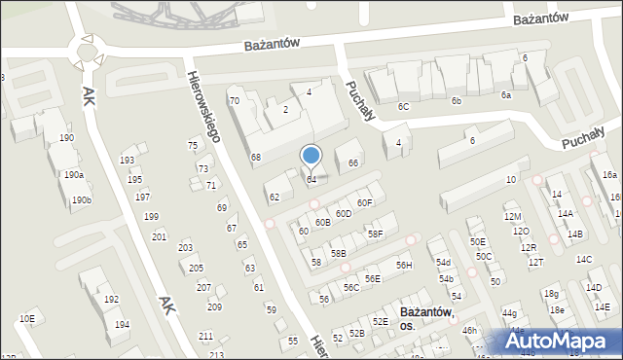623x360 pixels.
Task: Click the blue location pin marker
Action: (x=311, y=156)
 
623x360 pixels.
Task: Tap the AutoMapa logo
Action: (x=562, y=342)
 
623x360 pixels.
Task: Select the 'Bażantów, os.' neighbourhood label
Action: (x=425, y=319)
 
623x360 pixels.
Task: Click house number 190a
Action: (x=73, y=175)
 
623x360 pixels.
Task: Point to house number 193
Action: (x=127, y=160)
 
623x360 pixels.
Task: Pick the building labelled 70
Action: (x=234, y=101)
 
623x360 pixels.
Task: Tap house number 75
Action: (x=193, y=145)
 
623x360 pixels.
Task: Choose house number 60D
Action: (x=344, y=213)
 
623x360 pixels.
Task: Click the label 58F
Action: (x=375, y=234)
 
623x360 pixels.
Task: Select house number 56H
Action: (x=403, y=266)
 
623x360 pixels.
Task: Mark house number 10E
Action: (x=27, y=318)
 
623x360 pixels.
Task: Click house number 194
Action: (x=122, y=324)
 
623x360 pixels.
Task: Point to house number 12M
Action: (x=512, y=216)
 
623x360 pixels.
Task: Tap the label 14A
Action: (x=565, y=213)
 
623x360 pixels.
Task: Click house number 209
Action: (x=214, y=307)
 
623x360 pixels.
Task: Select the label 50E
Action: (x=477, y=241)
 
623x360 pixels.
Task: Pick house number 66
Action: (x=353, y=162)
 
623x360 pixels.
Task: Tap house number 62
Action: (x=275, y=197)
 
